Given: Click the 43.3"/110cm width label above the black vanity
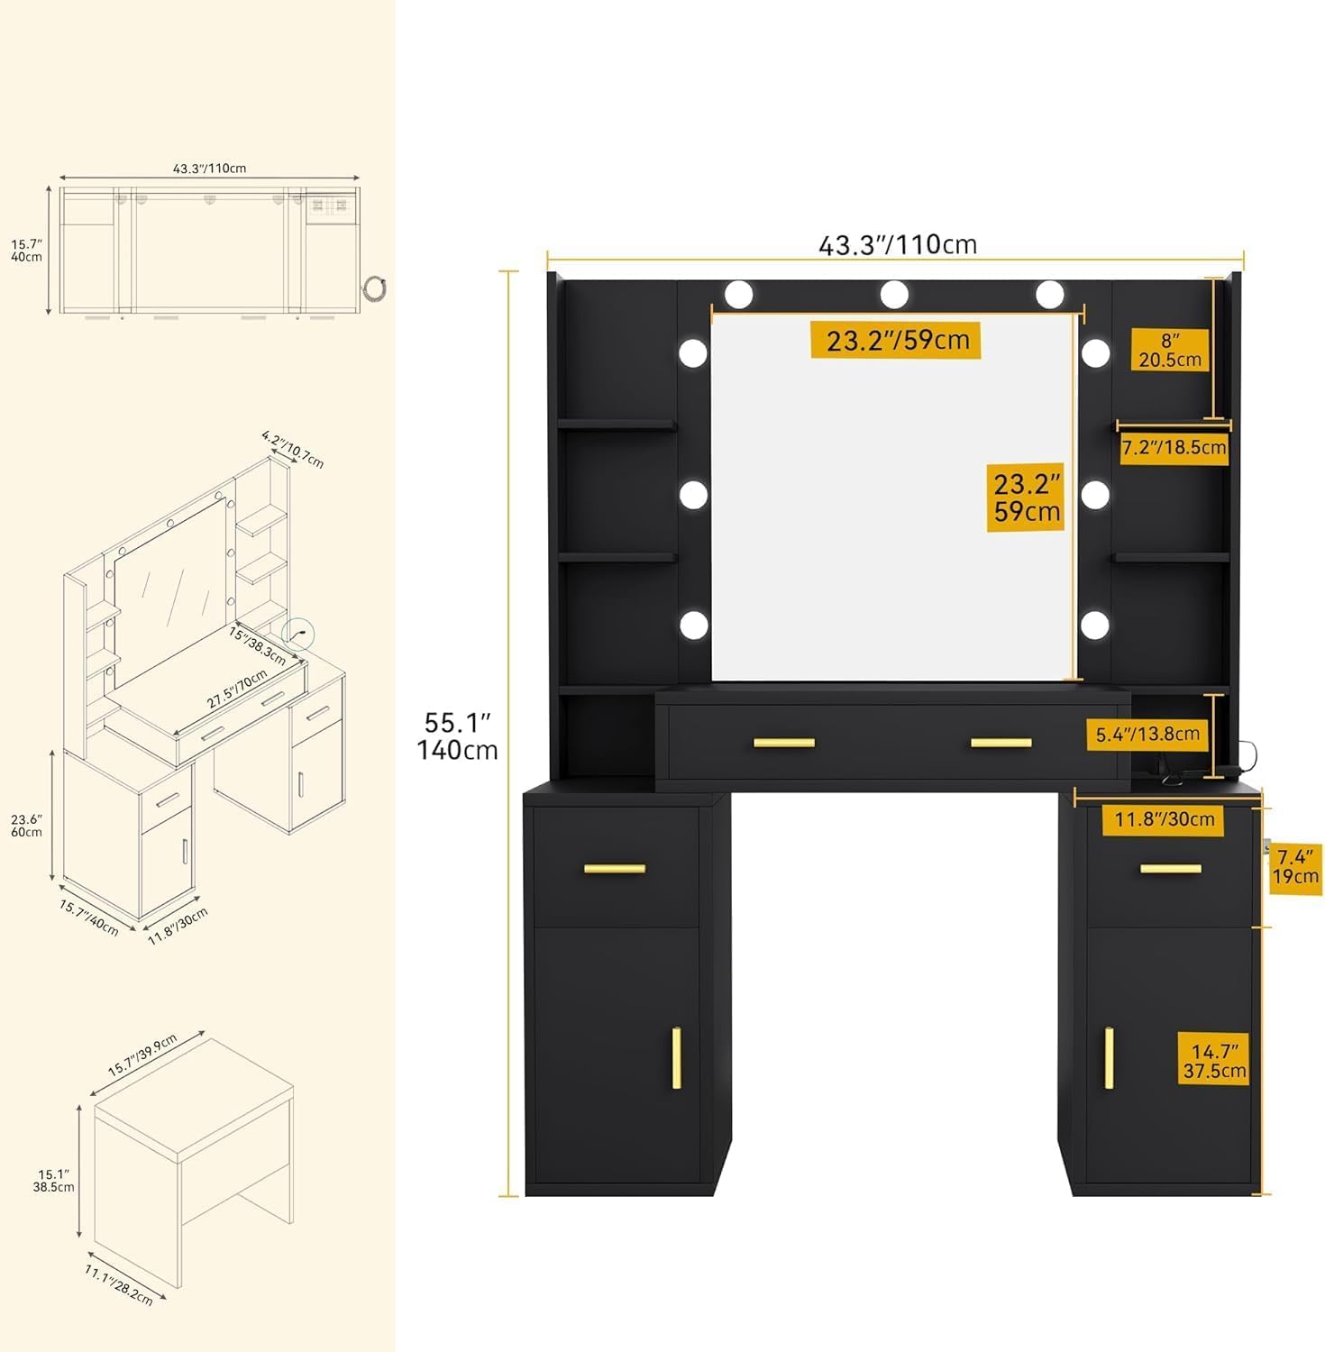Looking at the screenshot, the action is pyautogui.click(x=897, y=244).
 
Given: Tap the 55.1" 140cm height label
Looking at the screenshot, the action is pyautogui.click(x=457, y=736).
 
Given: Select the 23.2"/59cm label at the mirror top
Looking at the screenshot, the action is pyautogui.click(x=897, y=340).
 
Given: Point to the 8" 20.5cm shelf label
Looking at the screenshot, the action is pyautogui.click(x=1170, y=350).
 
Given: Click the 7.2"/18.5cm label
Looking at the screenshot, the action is pyautogui.click(x=1174, y=447).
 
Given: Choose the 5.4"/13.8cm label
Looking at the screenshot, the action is pyautogui.click(x=1147, y=734).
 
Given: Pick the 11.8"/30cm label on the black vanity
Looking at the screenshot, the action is pyautogui.click(x=1165, y=819).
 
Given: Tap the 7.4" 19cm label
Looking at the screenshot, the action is pyautogui.click(x=1295, y=866).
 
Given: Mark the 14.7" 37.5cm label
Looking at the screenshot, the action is pyautogui.click(x=1214, y=1061).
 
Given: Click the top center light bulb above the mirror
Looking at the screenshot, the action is pyautogui.click(x=894, y=294).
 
